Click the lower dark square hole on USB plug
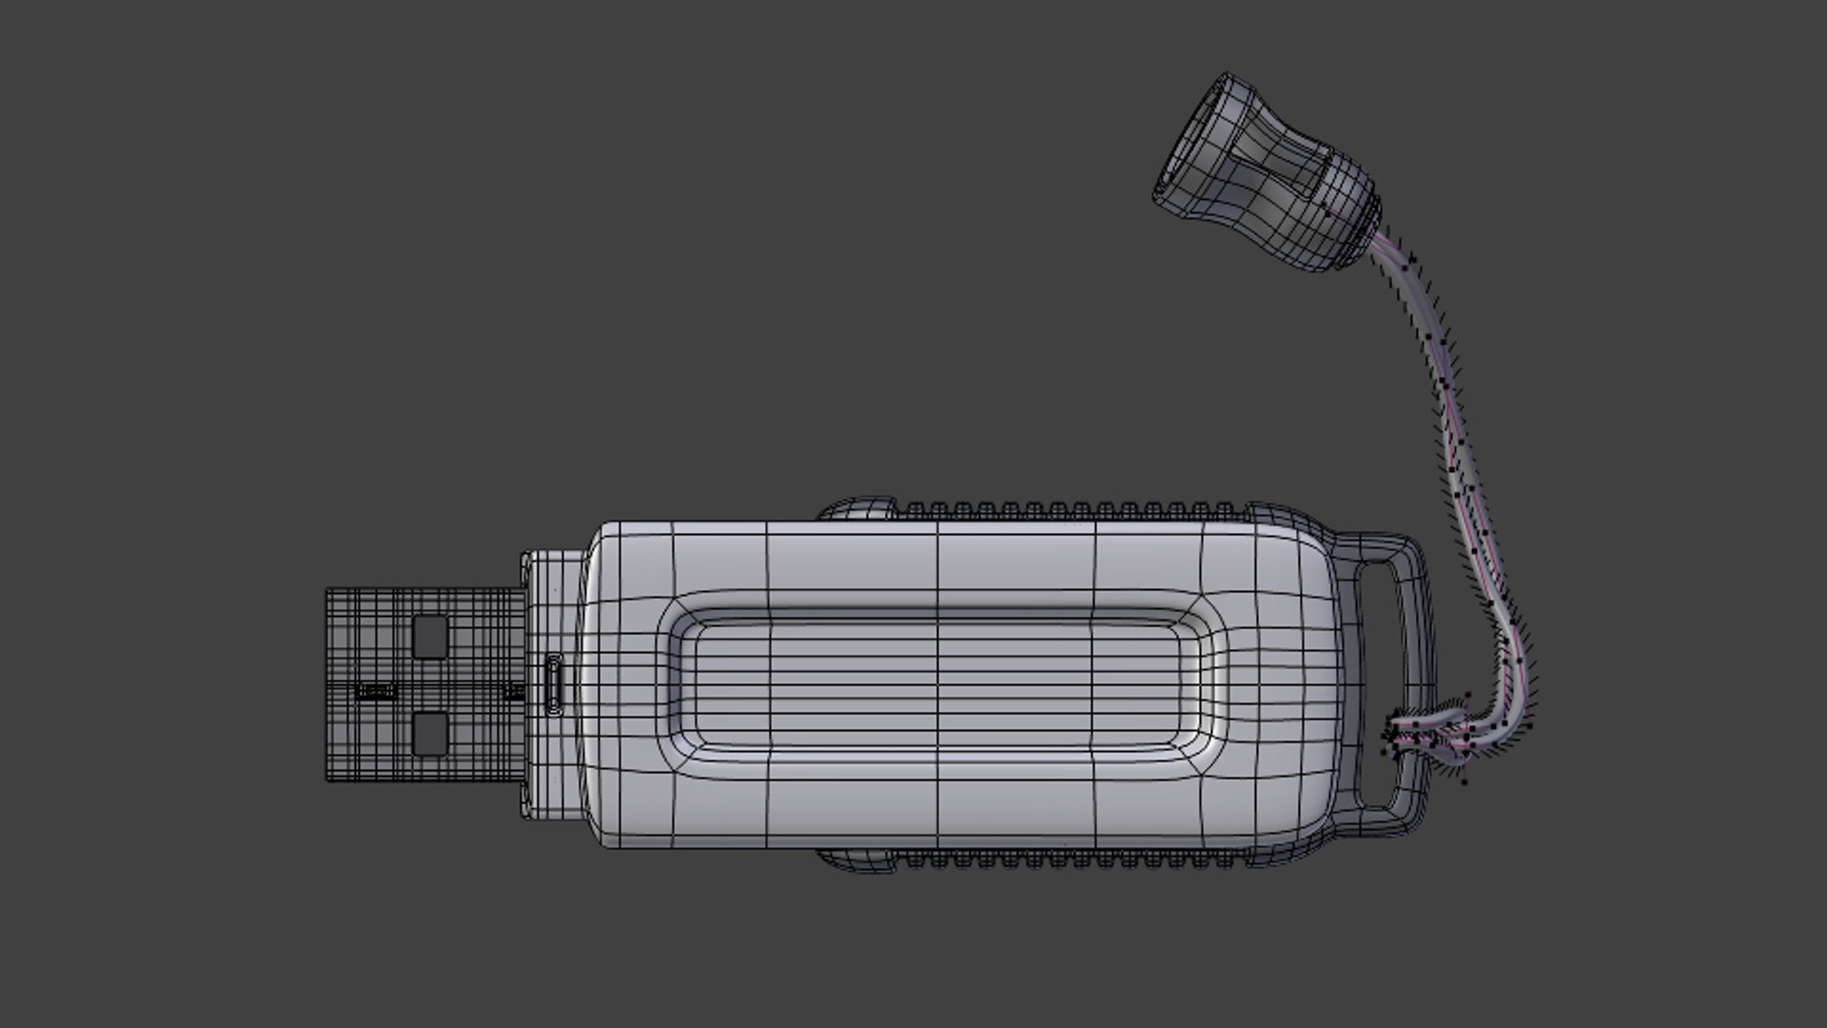(x=430, y=734)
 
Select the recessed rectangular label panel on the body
(x=937, y=683)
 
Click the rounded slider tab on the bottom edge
(x=856, y=860)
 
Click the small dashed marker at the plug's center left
(x=375, y=691)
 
